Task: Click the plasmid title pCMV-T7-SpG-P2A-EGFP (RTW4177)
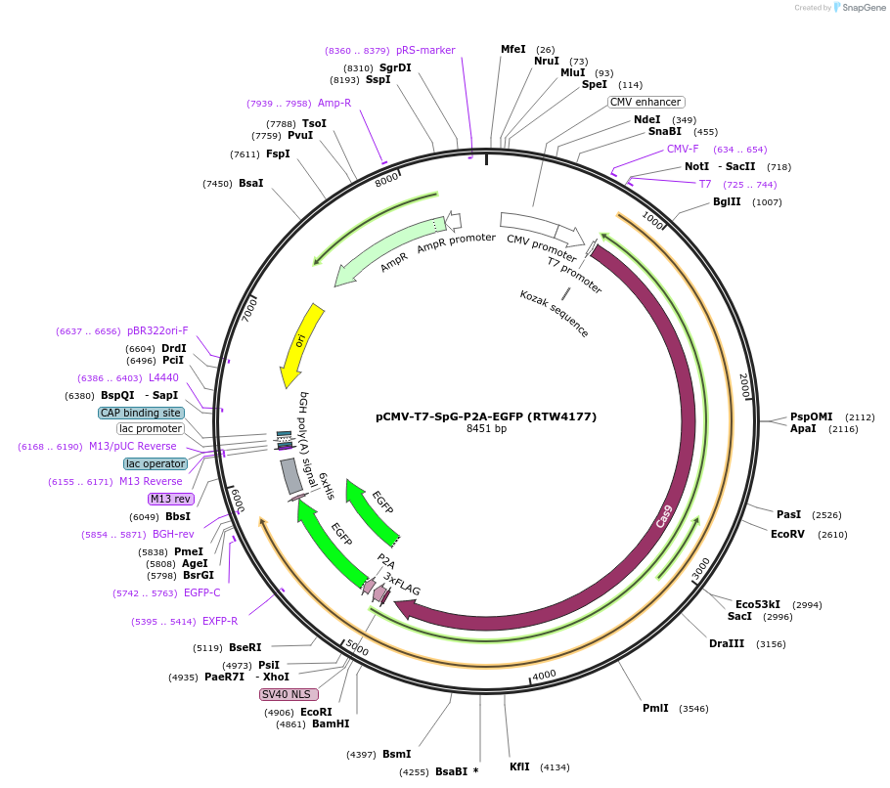click(x=486, y=416)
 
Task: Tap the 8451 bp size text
click(x=486, y=429)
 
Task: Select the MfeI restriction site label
click(x=512, y=49)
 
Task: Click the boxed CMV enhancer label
click(x=646, y=102)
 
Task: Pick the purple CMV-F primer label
click(x=683, y=150)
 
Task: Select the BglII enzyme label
click(x=727, y=202)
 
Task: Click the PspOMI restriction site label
click(x=811, y=416)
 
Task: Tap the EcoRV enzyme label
click(x=787, y=535)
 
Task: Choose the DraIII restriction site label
click(x=727, y=643)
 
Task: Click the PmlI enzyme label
click(x=655, y=708)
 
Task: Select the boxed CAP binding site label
click(x=141, y=413)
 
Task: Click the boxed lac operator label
click(x=156, y=463)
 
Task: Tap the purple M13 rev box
click(x=170, y=499)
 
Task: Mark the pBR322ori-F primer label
click(x=156, y=331)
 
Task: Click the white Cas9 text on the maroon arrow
click(x=664, y=516)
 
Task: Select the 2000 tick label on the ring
click(x=744, y=385)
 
